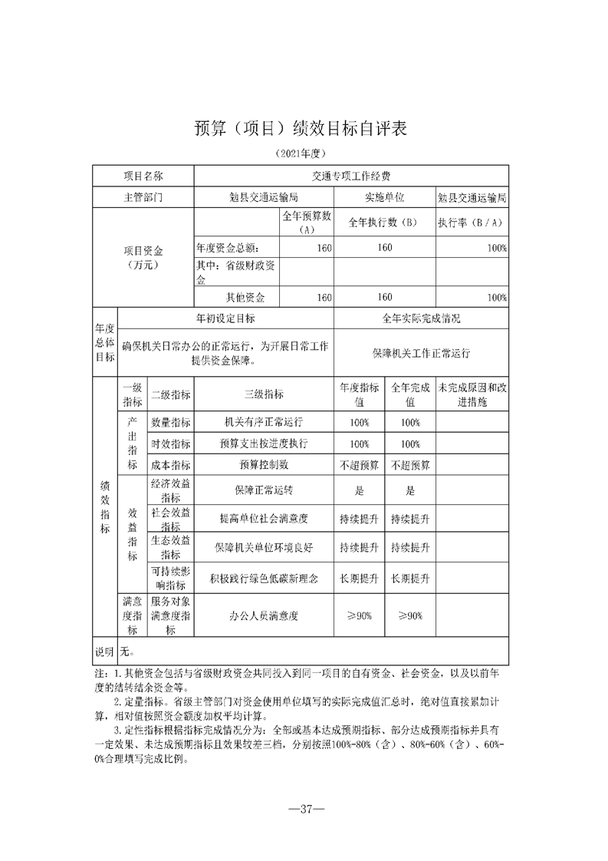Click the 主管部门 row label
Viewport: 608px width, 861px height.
point(143,197)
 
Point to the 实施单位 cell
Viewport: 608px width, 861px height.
point(384,197)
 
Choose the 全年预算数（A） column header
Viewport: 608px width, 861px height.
point(306,223)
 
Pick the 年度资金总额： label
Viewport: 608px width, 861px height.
point(228,248)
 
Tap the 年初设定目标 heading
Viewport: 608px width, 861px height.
point(226,318)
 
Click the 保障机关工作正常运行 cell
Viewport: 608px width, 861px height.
point(421,353)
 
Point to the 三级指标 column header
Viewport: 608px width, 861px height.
point(263,394)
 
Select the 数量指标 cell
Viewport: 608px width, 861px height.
point(171,423)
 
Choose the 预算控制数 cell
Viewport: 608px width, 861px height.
point(263,465)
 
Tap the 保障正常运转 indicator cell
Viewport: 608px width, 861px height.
point(263,491)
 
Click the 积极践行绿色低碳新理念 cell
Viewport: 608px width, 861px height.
point(263,576)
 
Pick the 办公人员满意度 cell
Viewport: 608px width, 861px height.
point(263,615)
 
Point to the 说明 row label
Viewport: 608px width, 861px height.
point(104,652)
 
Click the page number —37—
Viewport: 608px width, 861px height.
point(304,810)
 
